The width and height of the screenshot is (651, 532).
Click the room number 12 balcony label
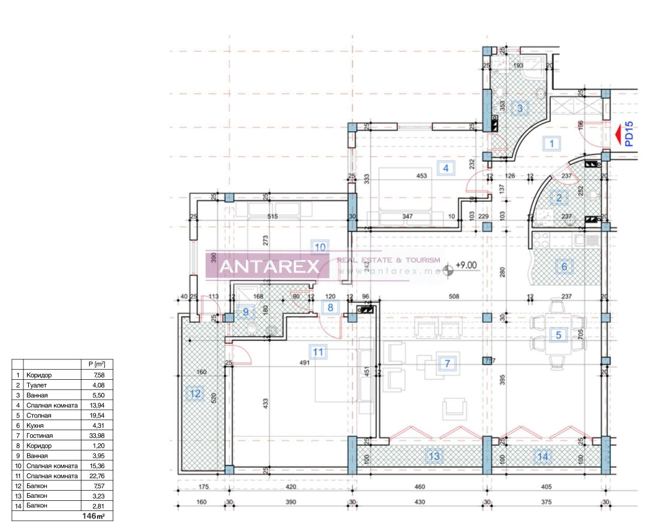tap(195, 394)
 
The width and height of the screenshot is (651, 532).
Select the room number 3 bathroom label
tap(520, 108)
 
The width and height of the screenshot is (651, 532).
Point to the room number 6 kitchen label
tap(563, 267)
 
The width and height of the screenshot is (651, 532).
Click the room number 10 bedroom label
tap(320, 246)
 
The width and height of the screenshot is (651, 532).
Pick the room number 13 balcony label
tap(434, 457)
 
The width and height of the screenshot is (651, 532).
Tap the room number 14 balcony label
tap(542, 457)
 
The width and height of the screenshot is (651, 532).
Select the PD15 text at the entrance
tap(629, 134)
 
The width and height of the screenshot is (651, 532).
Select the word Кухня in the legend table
tap(36, 425)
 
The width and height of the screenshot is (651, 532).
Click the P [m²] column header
tap(96, 364)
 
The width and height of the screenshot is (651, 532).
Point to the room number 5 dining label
tap(558, 335)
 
